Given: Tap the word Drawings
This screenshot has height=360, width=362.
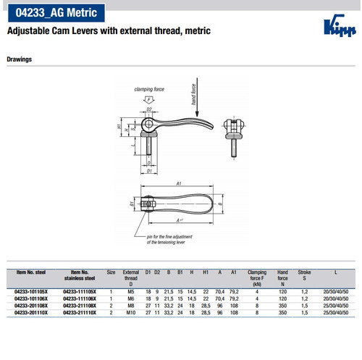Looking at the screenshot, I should click(20, 59).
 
